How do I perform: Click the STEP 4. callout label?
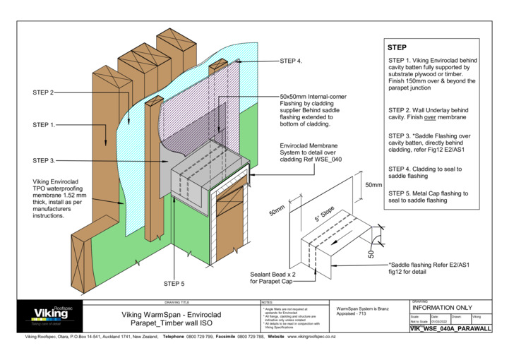coord(291,61)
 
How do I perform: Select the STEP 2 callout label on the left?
coord(43,92)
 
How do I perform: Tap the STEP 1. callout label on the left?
coord(44,125)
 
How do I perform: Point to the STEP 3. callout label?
coord(44,161)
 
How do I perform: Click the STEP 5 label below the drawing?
coord(174,284)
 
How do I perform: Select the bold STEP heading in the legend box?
coord(397,47)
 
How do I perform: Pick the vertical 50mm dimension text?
coord(373,184)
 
